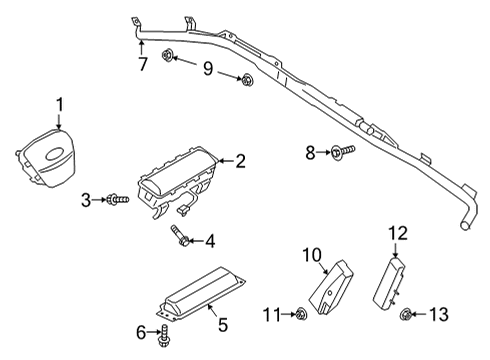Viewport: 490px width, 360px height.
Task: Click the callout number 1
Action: click(59, 103)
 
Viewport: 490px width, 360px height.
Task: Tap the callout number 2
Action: click(239, 159)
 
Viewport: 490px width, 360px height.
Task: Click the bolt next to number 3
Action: click(116, 201)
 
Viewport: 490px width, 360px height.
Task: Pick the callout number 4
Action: click(210, 241)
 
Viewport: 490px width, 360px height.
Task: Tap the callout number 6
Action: click(139, 330)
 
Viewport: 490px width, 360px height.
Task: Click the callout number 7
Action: click(143, 66)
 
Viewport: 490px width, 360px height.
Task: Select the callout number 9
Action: click(208, 68)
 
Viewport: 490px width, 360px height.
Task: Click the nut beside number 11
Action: click(302, 316)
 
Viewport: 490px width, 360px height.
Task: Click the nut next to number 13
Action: click(407, 316)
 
